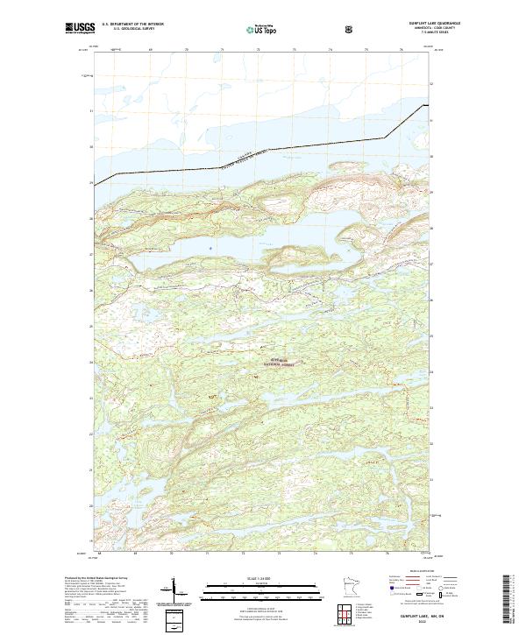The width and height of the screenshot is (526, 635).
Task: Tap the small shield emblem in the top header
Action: (351, 28)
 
